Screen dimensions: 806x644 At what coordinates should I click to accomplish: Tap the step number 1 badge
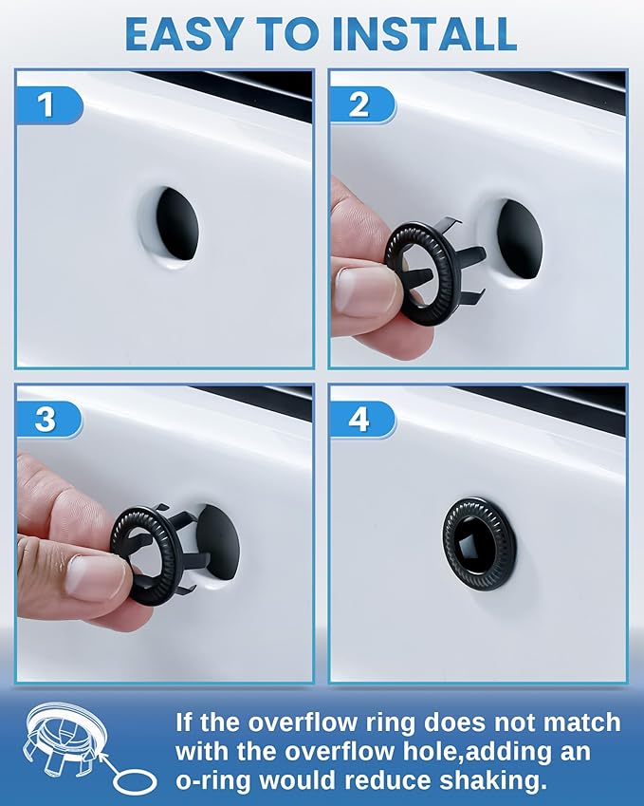45,104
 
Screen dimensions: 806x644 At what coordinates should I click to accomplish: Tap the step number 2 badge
359,104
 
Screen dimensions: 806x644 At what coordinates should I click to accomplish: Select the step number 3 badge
45,419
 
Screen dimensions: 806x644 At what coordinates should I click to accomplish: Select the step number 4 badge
359,419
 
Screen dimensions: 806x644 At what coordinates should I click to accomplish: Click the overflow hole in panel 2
520,240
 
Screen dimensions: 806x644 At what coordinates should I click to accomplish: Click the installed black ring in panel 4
479,542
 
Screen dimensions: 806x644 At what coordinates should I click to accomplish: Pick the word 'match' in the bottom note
569,722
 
